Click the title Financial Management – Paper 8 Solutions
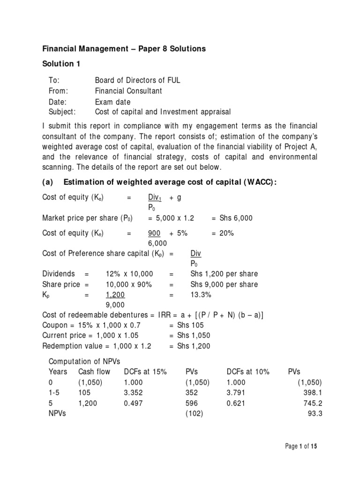click(x=124, y=49)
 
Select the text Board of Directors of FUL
click(x=137, y=80)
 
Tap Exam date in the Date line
click(x=112, y=102)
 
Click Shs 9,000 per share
click(x=224, y=285)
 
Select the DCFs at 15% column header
click(x=145, y=371)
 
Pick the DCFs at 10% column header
click(x=247, y=371)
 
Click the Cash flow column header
click(x=94, y=371)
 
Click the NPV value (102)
click(x=195, y=413)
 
